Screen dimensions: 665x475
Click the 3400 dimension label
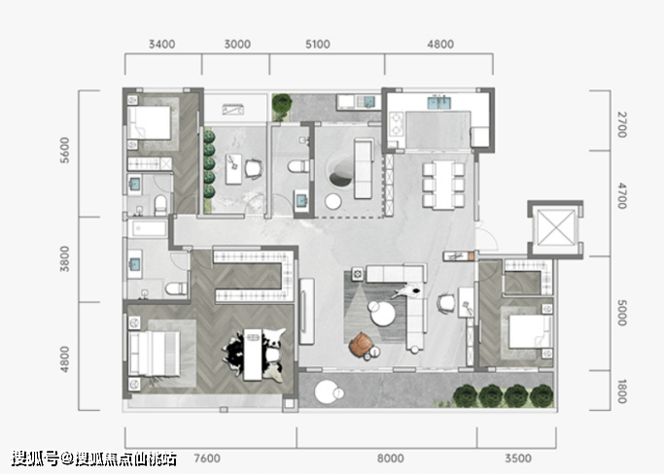[x=162, y=44]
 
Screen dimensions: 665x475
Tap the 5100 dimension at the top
[x=318, y=44]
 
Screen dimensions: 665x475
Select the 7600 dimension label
[x=207, y=458]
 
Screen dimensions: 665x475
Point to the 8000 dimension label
[x=391, y=458]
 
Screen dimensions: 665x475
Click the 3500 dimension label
[x=518, y=458]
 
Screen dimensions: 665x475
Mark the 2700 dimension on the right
[x=622, y=124]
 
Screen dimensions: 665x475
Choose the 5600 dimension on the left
[x=64, y=150]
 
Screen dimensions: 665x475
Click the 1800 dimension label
[x=622, y=391]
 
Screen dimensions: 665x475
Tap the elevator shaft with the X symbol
[x=555, y=228]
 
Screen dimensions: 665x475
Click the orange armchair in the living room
[x=361, y=344]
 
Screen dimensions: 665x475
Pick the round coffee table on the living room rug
[x=382, y=313]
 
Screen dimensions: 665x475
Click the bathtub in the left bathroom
[x=149, y=228]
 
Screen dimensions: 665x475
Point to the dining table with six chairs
[x=443, y=185]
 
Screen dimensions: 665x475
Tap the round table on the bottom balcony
[x=327, y=392]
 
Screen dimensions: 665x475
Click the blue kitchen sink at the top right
[x=438, y=103]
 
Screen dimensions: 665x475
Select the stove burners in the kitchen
[x=396, y=123]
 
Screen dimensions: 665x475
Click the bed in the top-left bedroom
[x=150, y=123]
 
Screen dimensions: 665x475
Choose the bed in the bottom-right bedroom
[x=529, y=332]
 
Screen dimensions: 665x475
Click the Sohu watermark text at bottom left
[x=93, y=458]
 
